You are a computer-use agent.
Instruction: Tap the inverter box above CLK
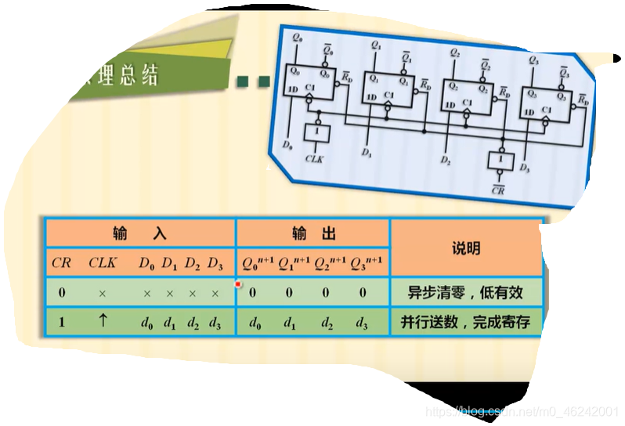click(x=318, y=134)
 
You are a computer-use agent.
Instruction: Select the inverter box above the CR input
click(x=497, y=161)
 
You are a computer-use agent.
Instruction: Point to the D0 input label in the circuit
click(x=287, y=146)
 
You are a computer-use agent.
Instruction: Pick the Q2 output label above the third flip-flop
click(x=455, y=52)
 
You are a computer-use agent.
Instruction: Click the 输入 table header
click(x=139, y=233)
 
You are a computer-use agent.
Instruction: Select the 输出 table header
click(x=312, y=233)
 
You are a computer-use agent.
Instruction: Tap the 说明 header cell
click(x=466, y=248)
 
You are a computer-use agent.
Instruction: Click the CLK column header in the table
click(x=103, y=263)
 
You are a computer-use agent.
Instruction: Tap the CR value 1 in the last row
click(x=61, y=322)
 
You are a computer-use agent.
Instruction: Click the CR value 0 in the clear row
click(x=61, y=293)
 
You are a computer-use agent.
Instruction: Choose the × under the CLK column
click(x=103, y=294)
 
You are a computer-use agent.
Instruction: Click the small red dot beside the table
click(x=238, y=284)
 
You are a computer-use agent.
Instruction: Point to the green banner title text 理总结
click(x=128, y=75)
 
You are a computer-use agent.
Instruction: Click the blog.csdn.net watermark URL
click(x=521, y=410)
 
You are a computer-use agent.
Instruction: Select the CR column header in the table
click(x=61, y=263)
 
